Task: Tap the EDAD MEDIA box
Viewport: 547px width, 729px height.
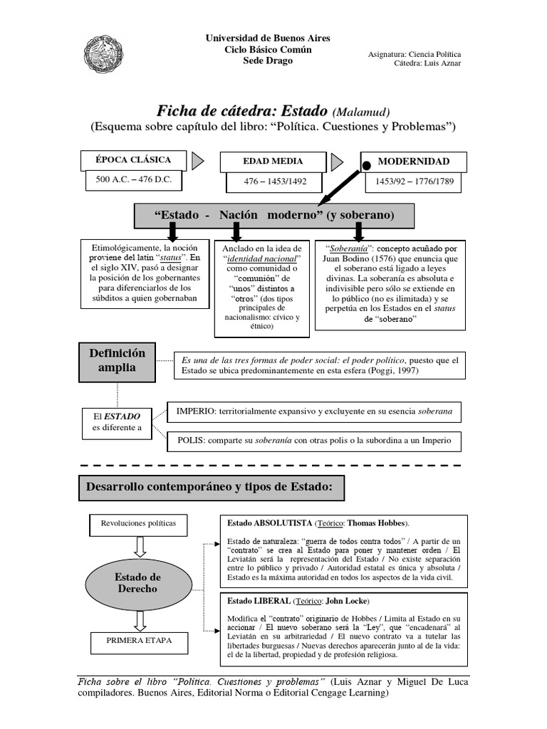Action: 273,161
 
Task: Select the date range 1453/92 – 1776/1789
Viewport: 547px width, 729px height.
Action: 413,182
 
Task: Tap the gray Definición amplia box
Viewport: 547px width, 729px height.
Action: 117,360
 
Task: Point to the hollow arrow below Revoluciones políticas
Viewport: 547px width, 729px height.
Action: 140,547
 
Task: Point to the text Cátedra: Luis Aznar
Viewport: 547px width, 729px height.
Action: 427,63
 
